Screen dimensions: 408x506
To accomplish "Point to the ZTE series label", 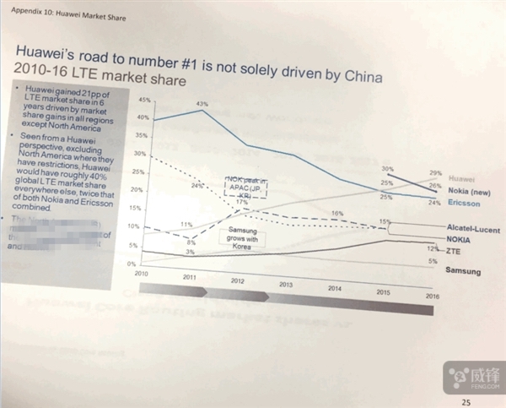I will click(x=456, y=251).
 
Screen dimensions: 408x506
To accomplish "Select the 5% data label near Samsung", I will click(x=433, y=262).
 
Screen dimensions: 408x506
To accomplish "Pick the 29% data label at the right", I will click(x=435, y=172).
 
